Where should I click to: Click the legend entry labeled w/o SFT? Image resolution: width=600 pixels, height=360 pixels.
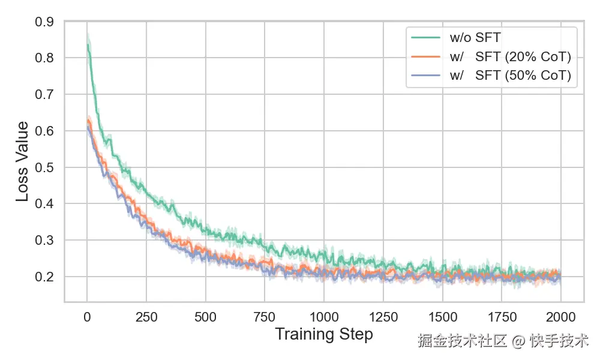pyautogui.click(x=475, y=38)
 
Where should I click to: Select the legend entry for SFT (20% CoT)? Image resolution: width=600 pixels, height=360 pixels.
pyautogui.click(x=510, y=57)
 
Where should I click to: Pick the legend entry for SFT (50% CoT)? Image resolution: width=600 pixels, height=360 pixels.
pyautogui.click(x=510, y=76)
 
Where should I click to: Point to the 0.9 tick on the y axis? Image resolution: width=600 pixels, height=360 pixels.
pyautogui.click(x=46, y=22)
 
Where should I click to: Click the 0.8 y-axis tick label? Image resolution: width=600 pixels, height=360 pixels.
pyautogui.click(x=46, y=58)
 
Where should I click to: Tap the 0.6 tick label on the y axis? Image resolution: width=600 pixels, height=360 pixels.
pyautogui.click(x=46, y=131)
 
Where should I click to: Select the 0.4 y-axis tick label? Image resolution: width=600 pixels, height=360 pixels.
pyautogui.click(x=46, y=204)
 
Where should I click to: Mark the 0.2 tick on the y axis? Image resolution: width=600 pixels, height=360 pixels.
pyautogui.click(x=46, y=277)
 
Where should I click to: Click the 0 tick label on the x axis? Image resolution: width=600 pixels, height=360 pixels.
pyautogui.click(x=87, y=316)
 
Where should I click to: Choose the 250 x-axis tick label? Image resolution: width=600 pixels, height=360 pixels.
pyautogui.click(x=146, y=316)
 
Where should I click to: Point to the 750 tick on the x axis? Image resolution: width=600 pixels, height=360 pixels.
pyautogui.click(x=265, y=316)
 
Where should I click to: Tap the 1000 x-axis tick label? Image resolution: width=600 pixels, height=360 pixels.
pyautogui.click(x=324, y=316)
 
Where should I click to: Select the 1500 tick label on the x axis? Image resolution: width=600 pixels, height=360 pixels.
pyautogui.click(x=442, y=316)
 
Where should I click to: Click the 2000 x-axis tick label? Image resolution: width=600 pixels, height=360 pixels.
pyautogui.click(x=560, y=316)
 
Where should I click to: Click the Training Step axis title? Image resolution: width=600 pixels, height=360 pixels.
pyautogui.click(x=324, y=334)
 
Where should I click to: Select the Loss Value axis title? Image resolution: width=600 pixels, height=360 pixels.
pyautogui.click(x=22, y=161)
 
